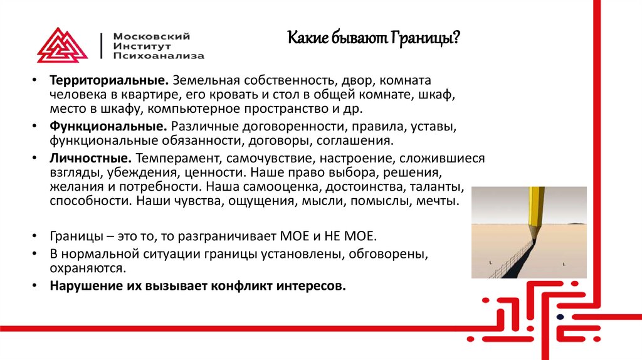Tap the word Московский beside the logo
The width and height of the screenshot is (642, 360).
[151, 36]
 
